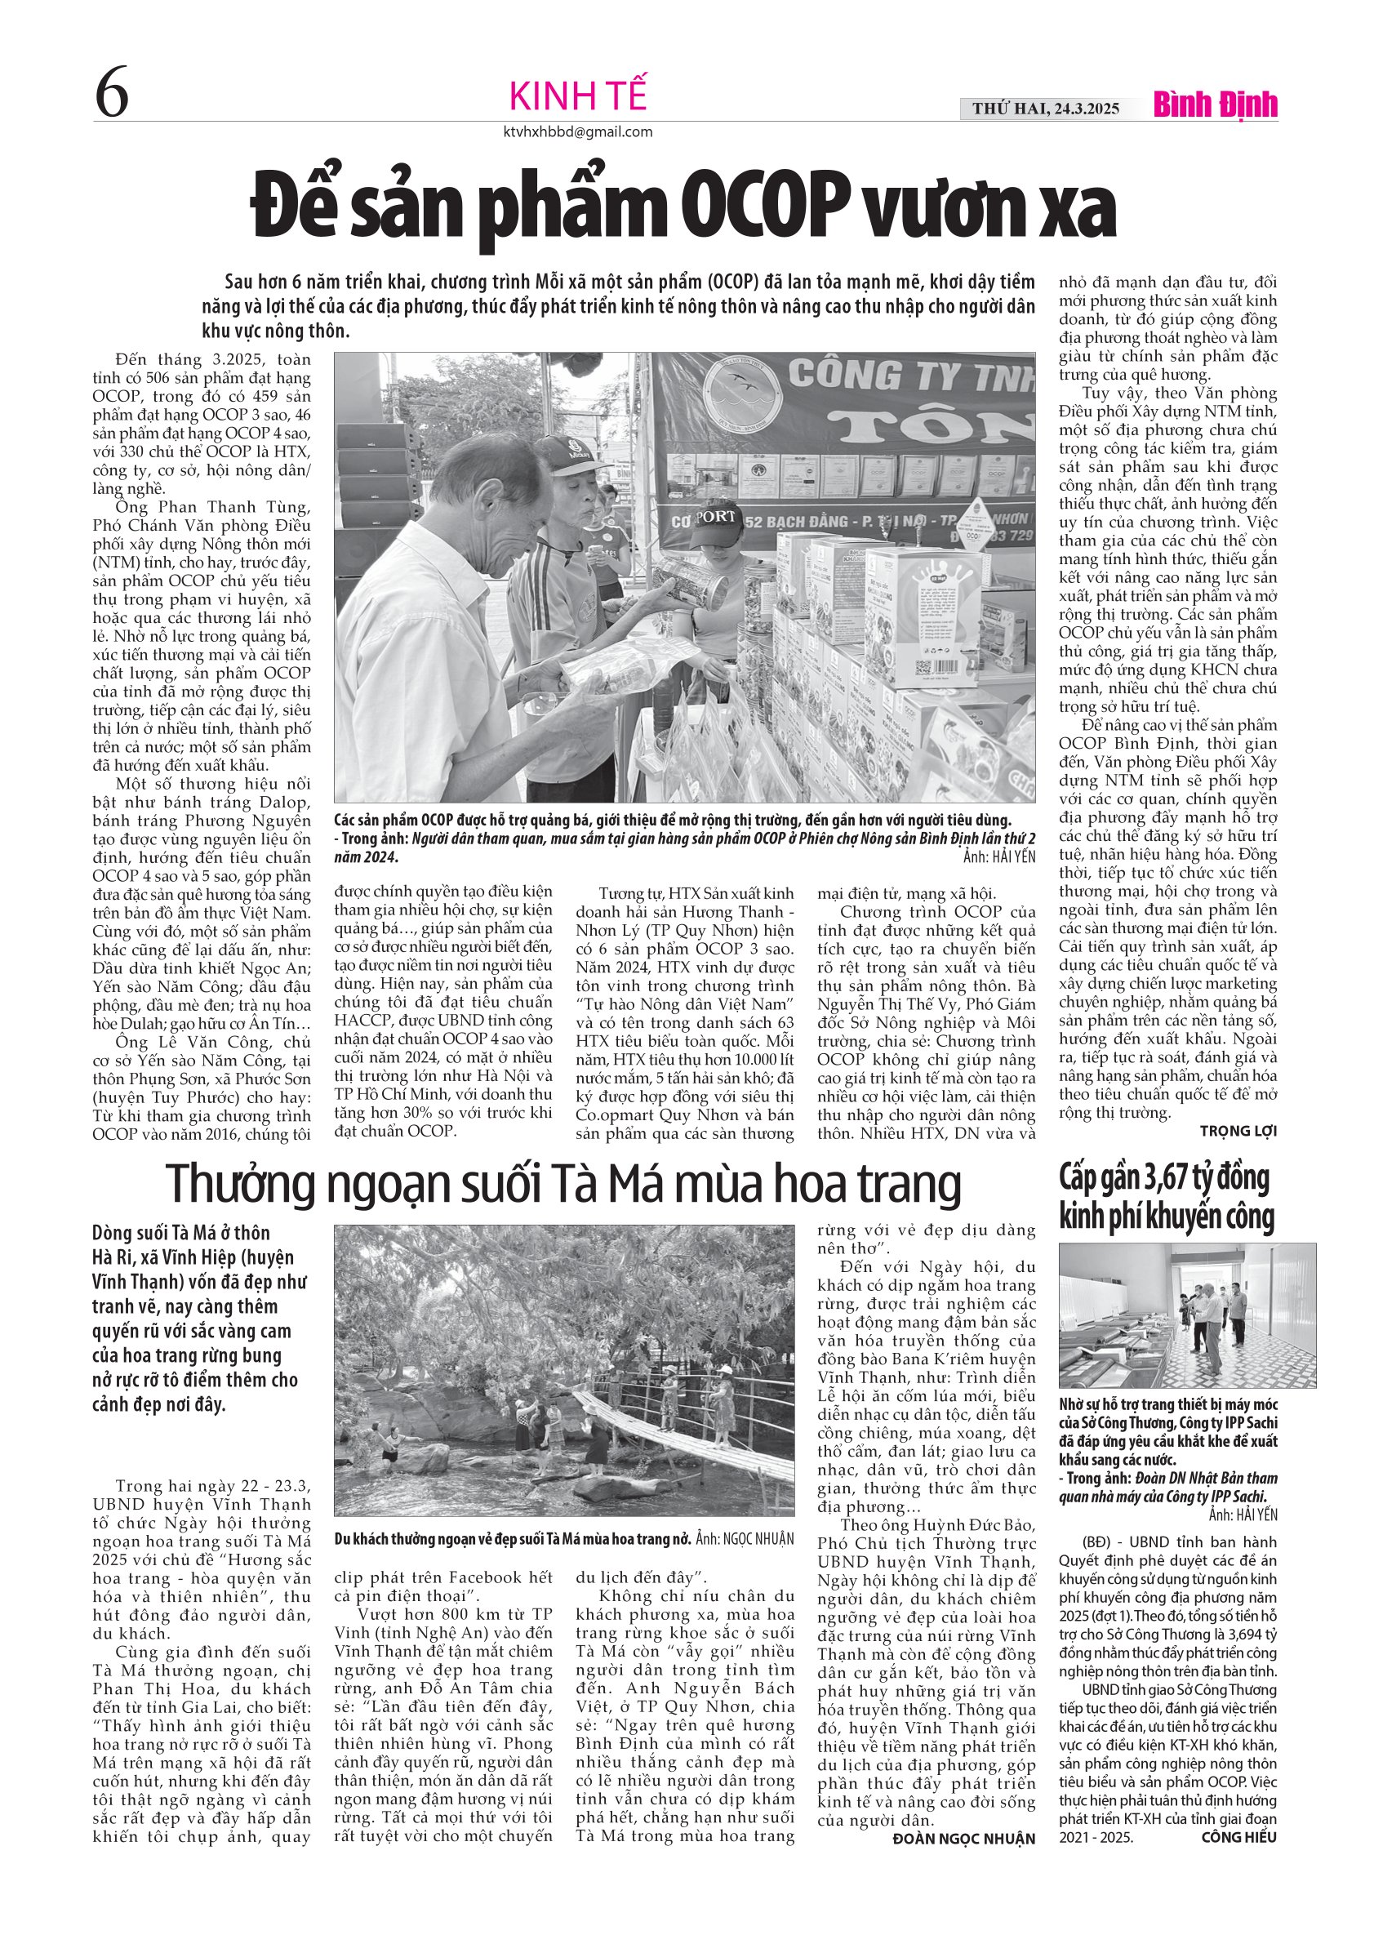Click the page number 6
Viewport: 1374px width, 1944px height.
(x=112, y=94)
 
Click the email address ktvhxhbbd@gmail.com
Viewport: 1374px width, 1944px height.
(x=577, y=132)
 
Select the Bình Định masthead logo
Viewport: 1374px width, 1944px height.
(x=1215, y=105)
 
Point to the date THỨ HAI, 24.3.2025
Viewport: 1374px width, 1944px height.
(x=1046, y=109)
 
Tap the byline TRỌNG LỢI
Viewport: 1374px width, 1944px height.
(x=1238, y=1130)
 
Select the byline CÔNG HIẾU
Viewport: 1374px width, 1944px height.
(x=1238, y=1836)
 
